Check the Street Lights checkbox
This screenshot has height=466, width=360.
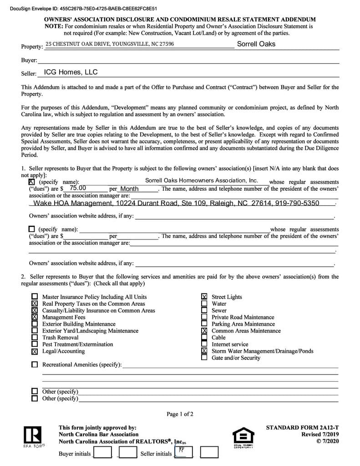(x=204, y=297)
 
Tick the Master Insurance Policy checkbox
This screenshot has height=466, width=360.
(x=35, y=297)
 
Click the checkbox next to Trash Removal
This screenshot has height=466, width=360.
(x=35, y=338)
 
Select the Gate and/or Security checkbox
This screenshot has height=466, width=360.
(x=204, y=358)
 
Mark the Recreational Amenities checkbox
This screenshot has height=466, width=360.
(x=35, y=365)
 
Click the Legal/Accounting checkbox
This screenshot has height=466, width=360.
(x=35, y=351)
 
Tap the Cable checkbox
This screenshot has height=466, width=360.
(x=204, y=338)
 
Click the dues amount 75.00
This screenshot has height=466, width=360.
(x=78, y=188)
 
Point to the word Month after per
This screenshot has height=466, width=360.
(x=129, y=189)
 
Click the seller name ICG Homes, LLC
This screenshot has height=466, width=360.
(x=71, y=72)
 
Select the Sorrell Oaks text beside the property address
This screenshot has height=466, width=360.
(x=256, y=44)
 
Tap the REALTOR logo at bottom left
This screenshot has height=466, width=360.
(x=34, y=437)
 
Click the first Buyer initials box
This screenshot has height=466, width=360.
(x=102, y=453)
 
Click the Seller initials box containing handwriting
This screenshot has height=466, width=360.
(x=183, y=452)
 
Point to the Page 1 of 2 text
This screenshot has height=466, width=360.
(x=180, y=414)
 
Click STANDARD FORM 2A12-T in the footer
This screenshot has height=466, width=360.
(x=302, y=428)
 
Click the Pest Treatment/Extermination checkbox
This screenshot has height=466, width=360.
(x=35, y=344)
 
